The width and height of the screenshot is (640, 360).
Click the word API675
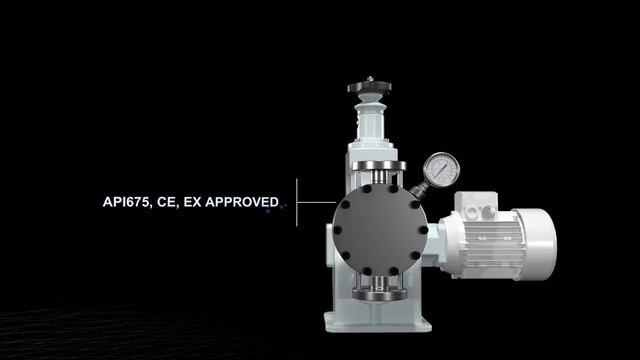(x=127, y=202)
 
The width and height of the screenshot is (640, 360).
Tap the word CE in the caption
(x=167, y=202)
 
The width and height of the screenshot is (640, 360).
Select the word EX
(x=191, y=202)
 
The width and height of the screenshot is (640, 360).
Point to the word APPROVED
(x=242, y=202)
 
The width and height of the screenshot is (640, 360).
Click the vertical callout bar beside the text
(x=297, y=202)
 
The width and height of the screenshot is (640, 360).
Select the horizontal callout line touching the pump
(x=317, y=202)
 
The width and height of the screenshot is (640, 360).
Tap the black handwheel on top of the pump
(x=369, y=87)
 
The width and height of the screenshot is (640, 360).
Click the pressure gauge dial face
(x=442, y=169)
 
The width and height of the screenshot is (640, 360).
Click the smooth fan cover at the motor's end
(x=536, y=244)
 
